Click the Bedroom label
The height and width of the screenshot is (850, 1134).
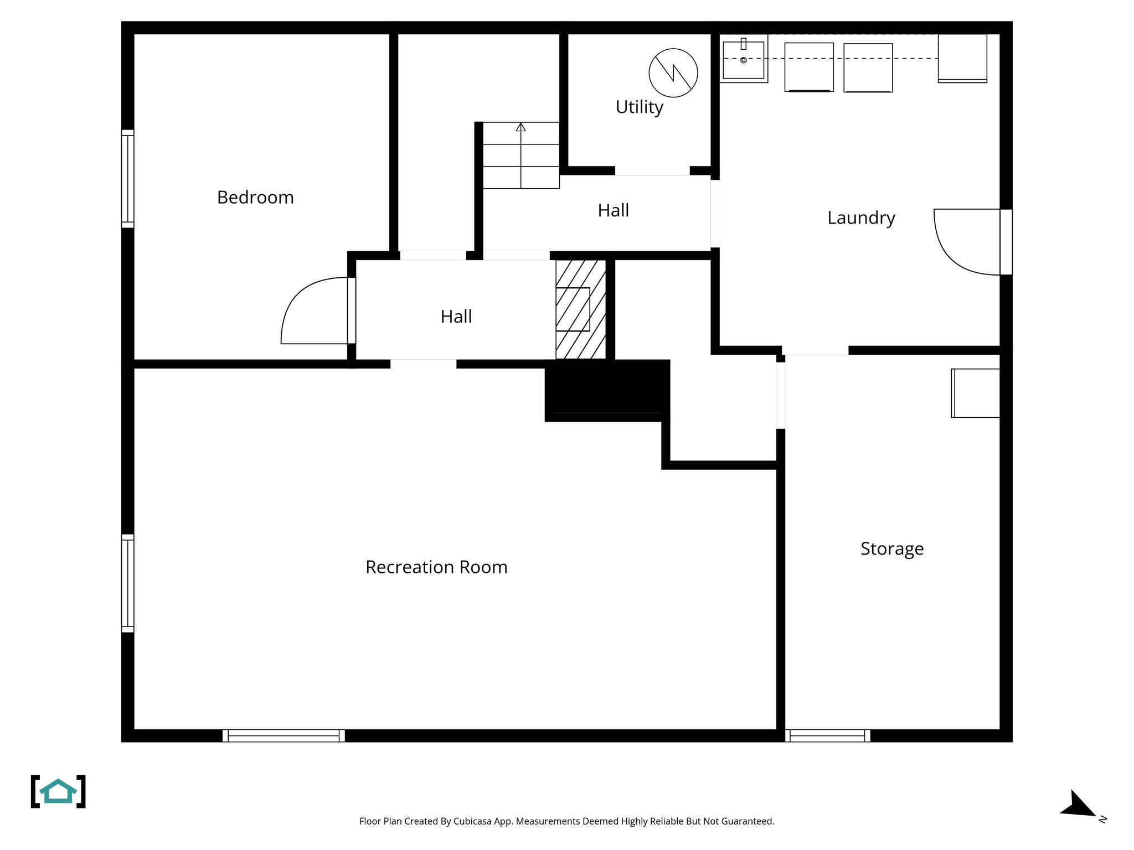255,198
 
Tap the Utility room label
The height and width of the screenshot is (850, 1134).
639,107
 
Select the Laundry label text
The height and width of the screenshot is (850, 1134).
861,218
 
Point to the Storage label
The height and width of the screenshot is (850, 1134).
891,548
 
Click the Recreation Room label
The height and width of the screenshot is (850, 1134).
436,567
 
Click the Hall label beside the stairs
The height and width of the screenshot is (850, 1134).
613,210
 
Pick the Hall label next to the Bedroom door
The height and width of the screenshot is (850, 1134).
456,317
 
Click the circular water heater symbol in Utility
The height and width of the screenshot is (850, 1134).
673,72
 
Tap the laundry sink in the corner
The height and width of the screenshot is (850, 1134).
743,59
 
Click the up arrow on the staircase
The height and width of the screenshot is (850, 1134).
520,127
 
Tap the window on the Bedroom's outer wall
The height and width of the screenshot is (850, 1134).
128,179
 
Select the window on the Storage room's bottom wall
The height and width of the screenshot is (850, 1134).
827,735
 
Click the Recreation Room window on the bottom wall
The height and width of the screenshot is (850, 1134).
283,735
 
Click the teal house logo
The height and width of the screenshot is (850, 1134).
58,791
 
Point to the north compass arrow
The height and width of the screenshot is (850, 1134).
1078,805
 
